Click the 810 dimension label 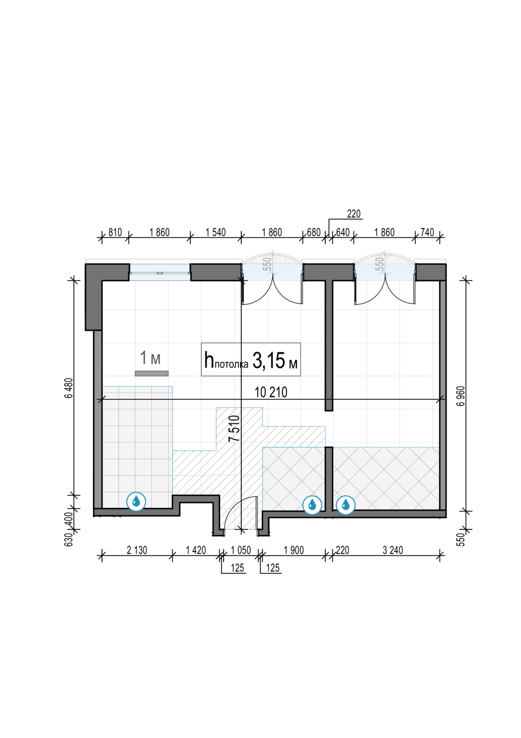click(115, 233)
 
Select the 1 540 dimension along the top click(216, 233)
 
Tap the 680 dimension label click(314, 233)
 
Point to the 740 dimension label click(427, 233)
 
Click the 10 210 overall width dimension click(271, 393)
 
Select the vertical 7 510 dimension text click(234, 429)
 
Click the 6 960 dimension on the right click(461, 396)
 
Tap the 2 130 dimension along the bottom click(137, 551)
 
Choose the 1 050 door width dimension click(241, 551)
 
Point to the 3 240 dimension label click(393, 551)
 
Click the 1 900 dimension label click(293, 551)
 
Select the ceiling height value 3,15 click(268, 361)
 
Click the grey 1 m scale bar click(152, 373)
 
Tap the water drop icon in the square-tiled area click(136, 502)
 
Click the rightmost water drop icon click(346, 505)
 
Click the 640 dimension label click(343, 233)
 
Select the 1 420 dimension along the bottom click(196, 551)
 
